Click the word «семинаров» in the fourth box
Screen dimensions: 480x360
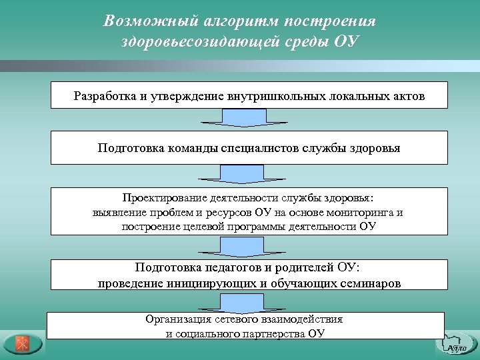368,283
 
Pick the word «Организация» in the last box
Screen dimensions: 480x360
177,319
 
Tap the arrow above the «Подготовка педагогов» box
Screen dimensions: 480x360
244,247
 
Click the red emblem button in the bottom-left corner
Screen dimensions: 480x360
22,344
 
